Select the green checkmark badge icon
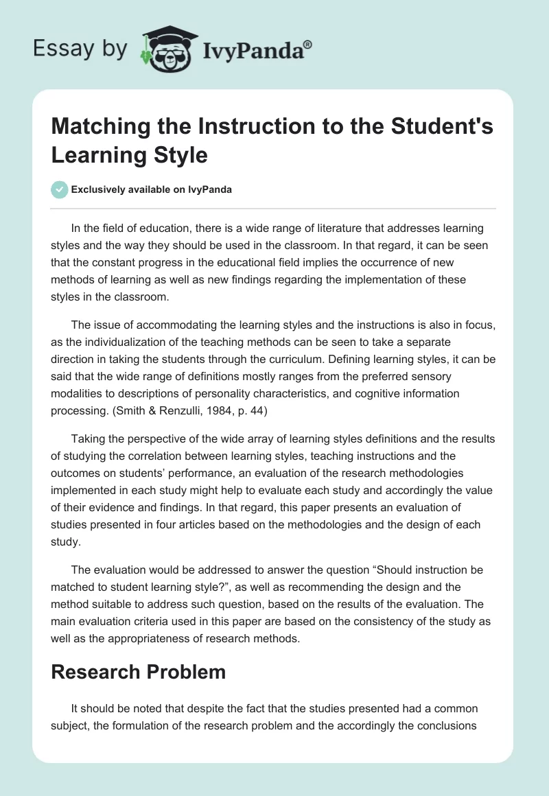pos(60,190)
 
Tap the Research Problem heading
pos(139,672)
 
